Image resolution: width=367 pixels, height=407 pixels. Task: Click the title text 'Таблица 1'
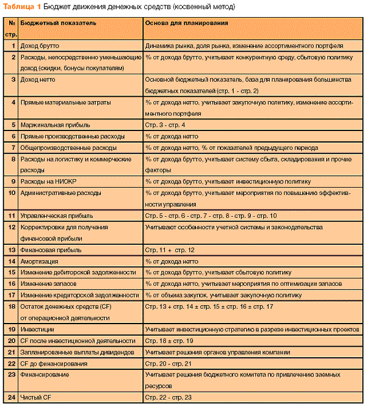click(x=21, y=6)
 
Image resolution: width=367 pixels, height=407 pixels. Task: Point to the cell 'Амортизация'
click(x=40, y=261)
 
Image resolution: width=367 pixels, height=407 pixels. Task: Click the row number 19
click(x=12, y=329)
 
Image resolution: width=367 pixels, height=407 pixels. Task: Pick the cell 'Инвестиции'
click(x=38, y=329)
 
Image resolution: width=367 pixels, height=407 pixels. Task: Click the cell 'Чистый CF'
click(x=37, y=397)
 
